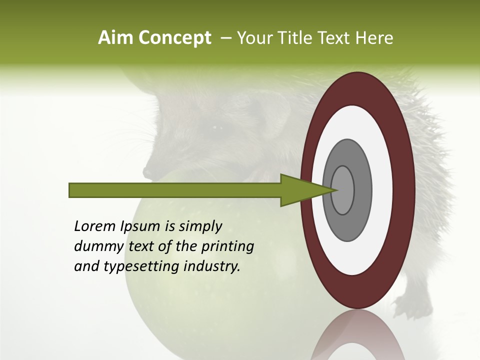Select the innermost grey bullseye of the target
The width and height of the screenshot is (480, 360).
click(x=343, y=190)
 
